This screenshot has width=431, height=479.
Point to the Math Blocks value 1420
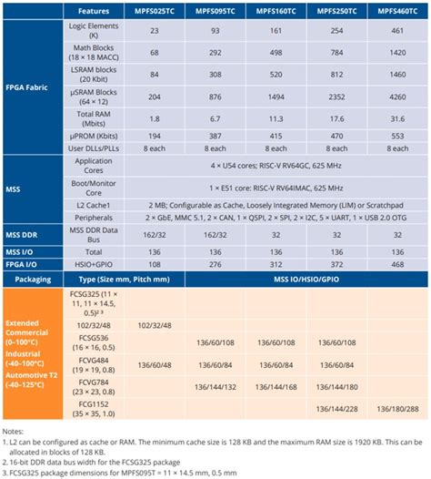(x=397, y=55)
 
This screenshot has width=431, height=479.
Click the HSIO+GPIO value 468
(x=397, y=264)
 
